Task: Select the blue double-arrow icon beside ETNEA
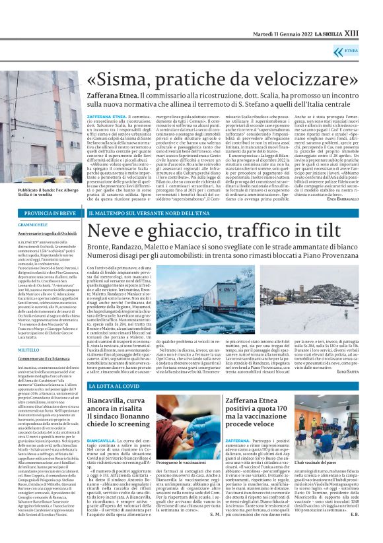(351, 49)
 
